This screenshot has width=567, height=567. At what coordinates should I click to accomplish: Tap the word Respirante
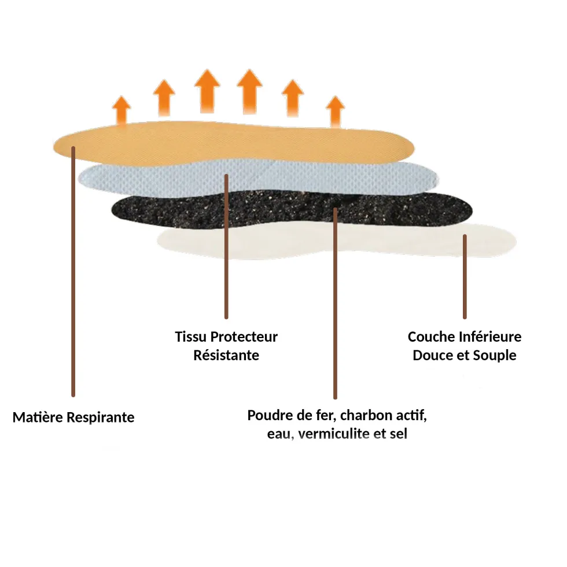click(x=101, y=418)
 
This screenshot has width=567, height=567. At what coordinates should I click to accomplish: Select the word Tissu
click(x=191, y=336)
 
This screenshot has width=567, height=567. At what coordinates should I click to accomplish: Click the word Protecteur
click(x=244, y=336)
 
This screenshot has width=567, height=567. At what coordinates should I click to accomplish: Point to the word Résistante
click(x=226, y=355)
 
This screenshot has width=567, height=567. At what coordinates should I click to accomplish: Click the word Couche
click(x=431, y=336)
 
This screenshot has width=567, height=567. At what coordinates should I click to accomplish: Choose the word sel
click(x=399, y=433)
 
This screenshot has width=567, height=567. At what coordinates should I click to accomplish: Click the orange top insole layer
click(x=234, y=143)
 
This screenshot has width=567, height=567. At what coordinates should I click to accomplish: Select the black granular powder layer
click(x=292, y=210)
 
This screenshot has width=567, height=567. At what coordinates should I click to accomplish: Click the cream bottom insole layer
click(x=337, y=240)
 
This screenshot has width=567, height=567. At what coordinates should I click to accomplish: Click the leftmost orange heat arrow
click(x=122, y=110)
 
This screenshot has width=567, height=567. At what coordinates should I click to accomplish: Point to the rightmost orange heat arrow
click(x=335, y=112)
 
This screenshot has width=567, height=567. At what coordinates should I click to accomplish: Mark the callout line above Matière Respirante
click(x=73, y=272)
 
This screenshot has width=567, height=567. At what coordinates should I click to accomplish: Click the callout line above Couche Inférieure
click(x=465, y=277)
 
